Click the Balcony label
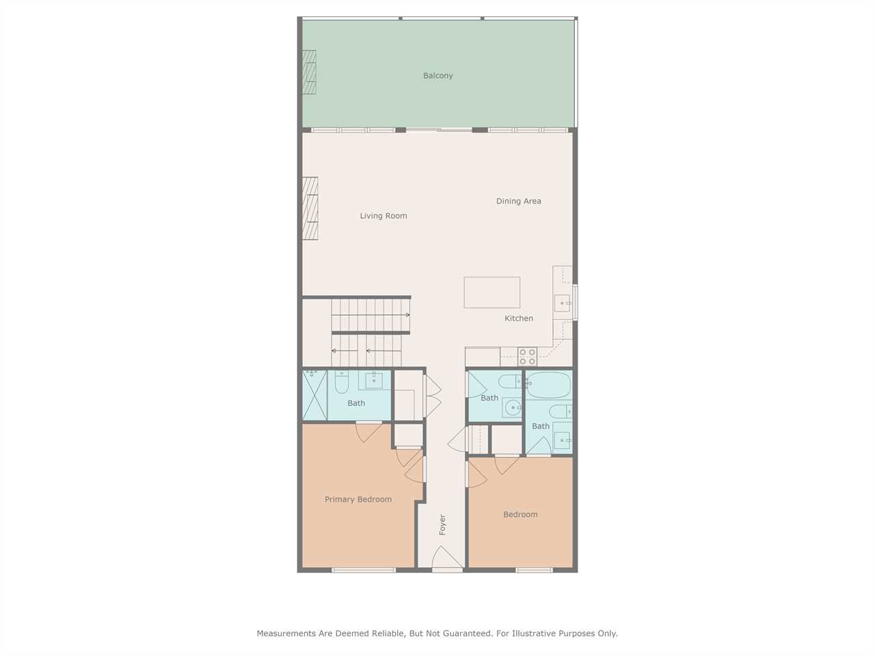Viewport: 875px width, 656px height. pos(437,76)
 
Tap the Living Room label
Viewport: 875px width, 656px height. pos(383,216)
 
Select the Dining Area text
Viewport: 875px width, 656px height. pos(519,201)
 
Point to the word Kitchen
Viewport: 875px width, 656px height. pos(519,318)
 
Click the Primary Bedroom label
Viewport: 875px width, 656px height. pos(358,500)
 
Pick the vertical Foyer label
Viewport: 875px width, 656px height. pos(442,525)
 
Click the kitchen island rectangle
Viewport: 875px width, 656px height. pos(492,292)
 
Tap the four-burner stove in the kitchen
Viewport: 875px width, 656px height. pos(527,357)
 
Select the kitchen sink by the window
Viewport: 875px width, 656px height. pos(563,303)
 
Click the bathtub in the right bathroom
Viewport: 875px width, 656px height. pos(548,385)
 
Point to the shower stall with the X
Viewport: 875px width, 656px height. pos(315,395)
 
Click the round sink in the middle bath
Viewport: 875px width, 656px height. pos(512,408)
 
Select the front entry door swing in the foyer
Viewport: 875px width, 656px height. pos(447,557)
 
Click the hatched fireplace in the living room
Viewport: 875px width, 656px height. pos(310,208)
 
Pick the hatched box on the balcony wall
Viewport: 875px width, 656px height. pos(310,72)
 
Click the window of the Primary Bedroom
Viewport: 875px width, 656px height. pos(364,571)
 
